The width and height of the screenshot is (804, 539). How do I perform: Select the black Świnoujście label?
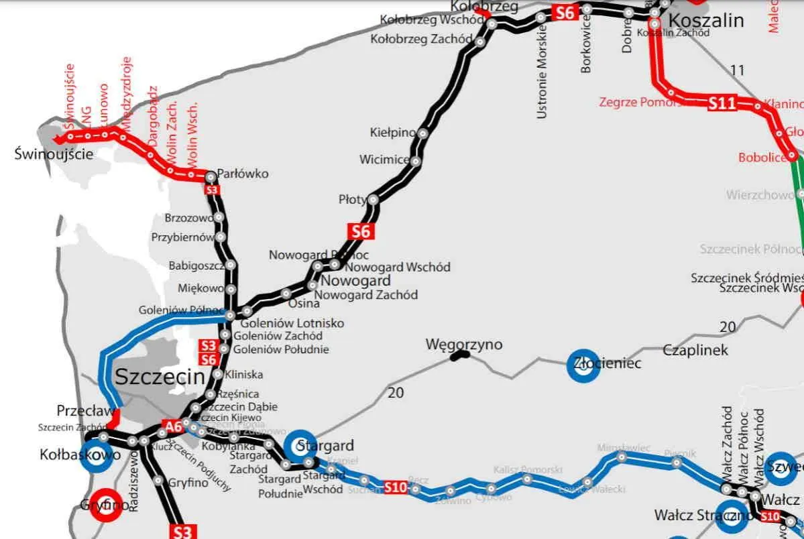click(x=53, y=154)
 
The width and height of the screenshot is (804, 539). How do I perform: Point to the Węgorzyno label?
click(x=464, y=345)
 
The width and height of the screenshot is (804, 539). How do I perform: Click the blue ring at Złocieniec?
click(x=583, y=365)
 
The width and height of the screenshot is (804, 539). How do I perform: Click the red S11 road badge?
click(x=722, y=103)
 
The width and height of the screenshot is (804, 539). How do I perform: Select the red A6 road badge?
click(x=173, y=426)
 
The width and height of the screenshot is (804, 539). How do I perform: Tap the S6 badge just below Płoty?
click(x=360, y=231)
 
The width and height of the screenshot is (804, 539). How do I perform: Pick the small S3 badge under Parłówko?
click(x=212, y=190)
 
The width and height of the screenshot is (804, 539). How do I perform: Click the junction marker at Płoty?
click(x=374, y=200)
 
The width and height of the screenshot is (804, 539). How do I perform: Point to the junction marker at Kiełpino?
click(x=423, y=133)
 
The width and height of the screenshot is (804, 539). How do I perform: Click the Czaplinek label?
click(x=695, y=350)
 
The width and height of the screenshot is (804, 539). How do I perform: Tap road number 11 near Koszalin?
click(x=738, y=70)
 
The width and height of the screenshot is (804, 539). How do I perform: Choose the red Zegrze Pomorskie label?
click(x=640, y=103)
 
